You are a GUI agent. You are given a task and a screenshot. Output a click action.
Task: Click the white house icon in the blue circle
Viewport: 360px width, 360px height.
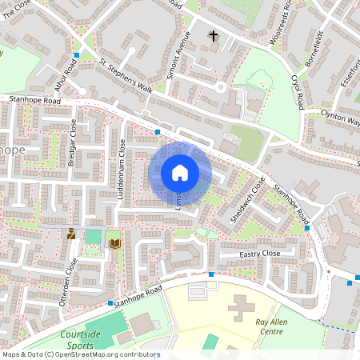(x=180, y=173)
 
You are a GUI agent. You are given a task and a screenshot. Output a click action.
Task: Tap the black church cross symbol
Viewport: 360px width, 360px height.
(x=213, y=35)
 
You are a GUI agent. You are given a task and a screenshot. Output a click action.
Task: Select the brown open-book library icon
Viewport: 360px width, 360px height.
(x=115, y=242)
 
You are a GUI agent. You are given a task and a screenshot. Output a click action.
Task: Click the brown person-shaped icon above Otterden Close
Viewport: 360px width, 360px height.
(x=72, y=234)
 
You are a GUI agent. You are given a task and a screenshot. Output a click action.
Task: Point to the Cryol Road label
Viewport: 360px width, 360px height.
(x=298, y=93)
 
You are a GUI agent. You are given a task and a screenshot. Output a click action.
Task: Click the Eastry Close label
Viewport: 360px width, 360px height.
(x=260, y=254)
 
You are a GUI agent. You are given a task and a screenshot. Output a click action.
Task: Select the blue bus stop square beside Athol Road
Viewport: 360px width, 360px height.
(x=77, y=55)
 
